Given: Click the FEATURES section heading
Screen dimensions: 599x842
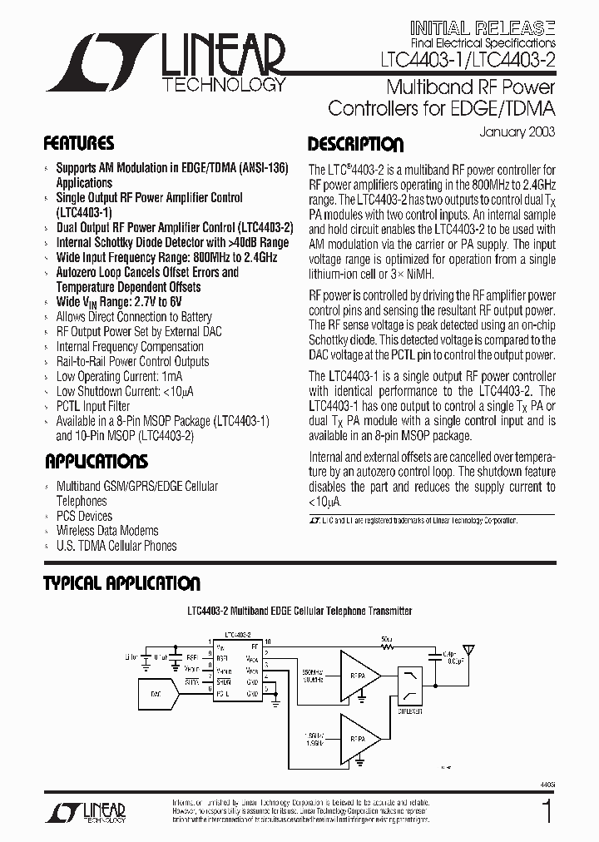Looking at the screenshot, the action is click(78, 142).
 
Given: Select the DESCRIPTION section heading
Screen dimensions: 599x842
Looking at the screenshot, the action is click(355, 143).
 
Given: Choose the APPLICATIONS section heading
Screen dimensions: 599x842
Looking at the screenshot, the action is click(96, 462).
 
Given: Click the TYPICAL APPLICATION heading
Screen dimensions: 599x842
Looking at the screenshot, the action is click(121, 583).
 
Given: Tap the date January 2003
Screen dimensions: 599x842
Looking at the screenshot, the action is click(517, 131).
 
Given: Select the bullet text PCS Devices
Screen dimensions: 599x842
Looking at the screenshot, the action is click(84, 516).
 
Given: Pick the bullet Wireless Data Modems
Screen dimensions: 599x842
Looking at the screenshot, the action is click(107, 531).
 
